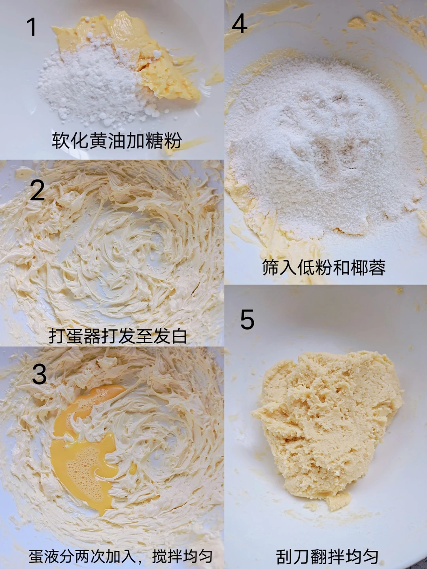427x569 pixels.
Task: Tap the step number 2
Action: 37,191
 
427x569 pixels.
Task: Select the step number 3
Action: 40,374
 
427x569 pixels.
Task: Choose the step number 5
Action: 247,319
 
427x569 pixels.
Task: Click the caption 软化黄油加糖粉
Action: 117,140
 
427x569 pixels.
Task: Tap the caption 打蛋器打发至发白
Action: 118,336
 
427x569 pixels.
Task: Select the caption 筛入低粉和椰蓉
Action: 324,267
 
